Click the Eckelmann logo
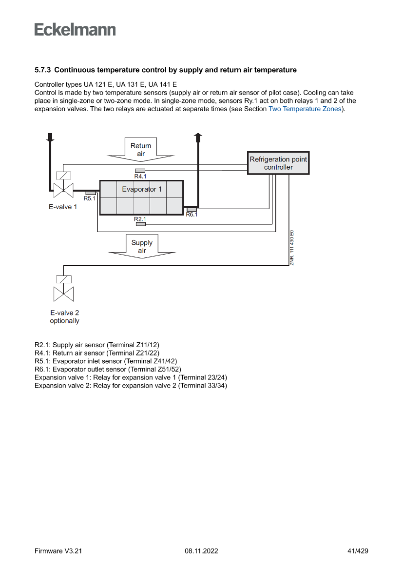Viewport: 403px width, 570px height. pos(75,30)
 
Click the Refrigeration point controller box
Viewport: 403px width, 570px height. pos(278,163)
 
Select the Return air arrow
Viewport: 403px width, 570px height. pos(141,149)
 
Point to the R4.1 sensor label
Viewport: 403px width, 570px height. pos(140,176)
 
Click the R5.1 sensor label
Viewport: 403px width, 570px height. pos(90,198)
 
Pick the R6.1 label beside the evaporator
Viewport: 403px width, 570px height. pos(192,215)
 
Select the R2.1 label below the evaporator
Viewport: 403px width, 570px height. pos(140,219)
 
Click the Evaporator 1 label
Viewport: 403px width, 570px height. pos(142,189)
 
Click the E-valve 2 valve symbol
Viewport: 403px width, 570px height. pos(63,294)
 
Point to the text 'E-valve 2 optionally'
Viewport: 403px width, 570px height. pos(64,317)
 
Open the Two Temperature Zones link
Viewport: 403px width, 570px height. pos(305,109)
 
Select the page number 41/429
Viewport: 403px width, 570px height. pos(358,551)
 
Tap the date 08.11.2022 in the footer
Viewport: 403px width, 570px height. pos(201,551)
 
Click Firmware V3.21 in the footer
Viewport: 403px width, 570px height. pos(58,551)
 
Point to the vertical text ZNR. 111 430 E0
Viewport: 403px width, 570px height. pos(291,248)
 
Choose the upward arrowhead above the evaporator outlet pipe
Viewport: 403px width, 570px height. pos(197,137)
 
